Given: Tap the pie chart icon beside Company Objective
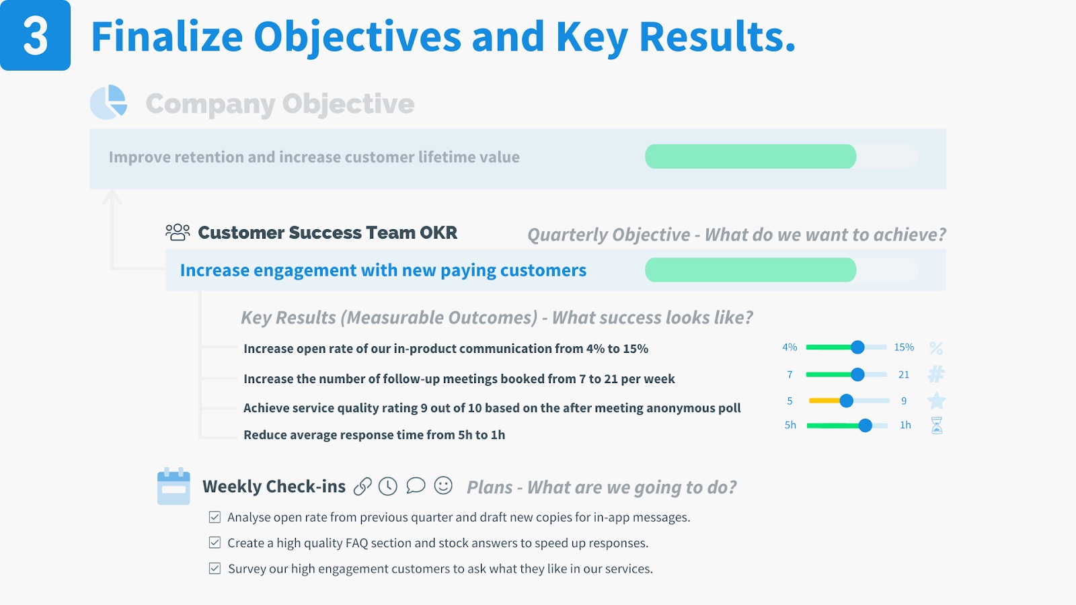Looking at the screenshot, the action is [108, 102].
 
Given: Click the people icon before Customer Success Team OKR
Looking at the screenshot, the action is [178, 232].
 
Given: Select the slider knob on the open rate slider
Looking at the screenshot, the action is [857, 347].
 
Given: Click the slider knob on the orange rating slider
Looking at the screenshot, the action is [847, 401].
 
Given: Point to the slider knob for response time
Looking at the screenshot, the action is [865, 426].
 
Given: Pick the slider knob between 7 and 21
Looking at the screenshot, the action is [857, 374].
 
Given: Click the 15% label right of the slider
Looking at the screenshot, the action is [904, 347].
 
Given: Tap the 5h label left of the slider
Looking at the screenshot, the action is [790, 425].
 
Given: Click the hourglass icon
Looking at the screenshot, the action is [937, 426].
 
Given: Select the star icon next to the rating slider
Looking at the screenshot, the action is [937, 401].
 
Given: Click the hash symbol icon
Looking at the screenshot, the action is [936, 374].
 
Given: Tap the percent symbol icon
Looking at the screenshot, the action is [936, 348].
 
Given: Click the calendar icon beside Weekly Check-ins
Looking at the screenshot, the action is [174, 486].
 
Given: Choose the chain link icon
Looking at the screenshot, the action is [362, 487].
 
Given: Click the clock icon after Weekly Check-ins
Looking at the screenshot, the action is [387, 487].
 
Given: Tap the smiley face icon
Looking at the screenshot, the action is [443, 485].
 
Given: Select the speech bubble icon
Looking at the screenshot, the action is [416, 485].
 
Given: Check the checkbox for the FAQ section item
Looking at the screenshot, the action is [215, 542].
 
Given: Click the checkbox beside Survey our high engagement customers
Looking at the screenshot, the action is [215, 569].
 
